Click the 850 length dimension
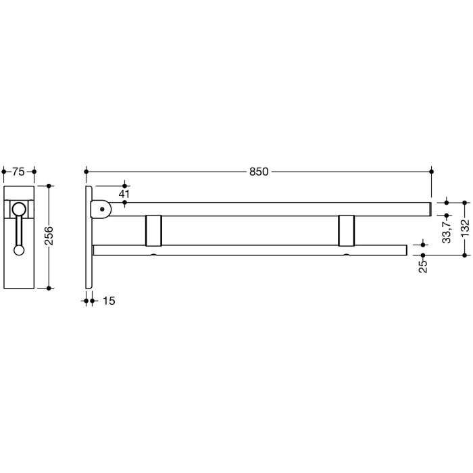point(259,172)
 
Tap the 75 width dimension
point(18,172)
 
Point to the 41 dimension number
point(124,195)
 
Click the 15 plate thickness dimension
point(108,301)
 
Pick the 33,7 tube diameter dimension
point(446,230)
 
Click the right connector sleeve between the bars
point(347,230)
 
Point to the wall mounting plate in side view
point(89,236)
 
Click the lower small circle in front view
point(19,250)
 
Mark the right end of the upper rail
point(430,209)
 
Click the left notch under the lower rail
point(154,255)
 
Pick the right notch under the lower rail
point(347,255)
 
